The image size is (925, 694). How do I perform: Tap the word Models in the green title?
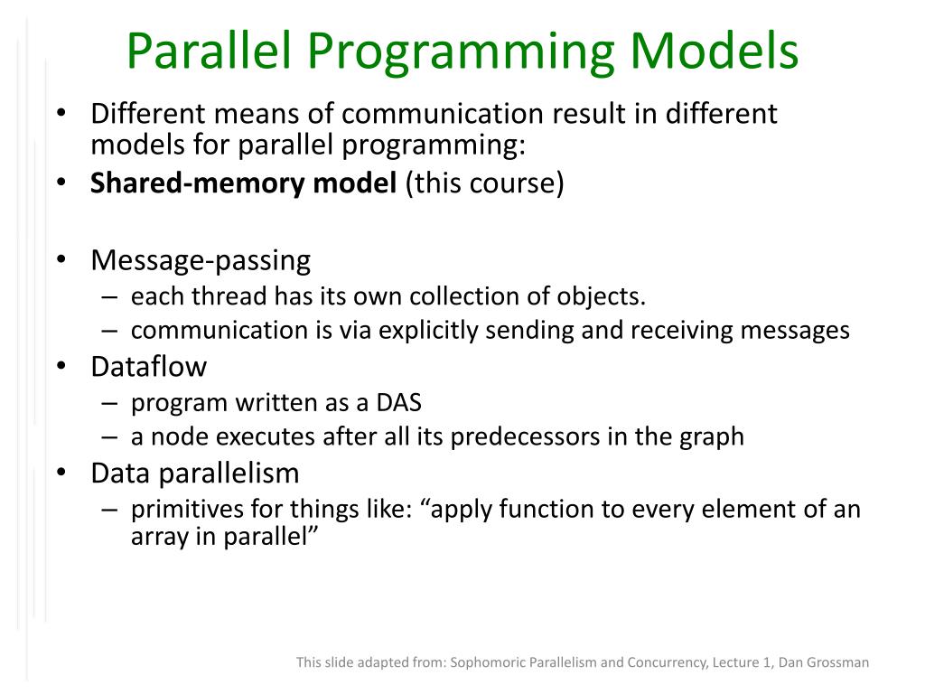(715, 52)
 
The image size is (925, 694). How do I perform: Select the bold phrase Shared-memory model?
(243, 183)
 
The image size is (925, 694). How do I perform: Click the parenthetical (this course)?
(484, 183)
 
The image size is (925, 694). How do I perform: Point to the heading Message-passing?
(201, 261)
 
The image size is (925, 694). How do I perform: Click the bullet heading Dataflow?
(149, 367)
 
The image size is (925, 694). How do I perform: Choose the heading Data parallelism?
(195, 474)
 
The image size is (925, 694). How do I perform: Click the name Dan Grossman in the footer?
(824, 662)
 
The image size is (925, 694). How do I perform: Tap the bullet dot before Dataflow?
(61, 366)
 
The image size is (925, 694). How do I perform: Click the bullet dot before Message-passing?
(61, 259)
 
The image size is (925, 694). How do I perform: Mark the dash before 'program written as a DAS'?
(109, 404)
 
